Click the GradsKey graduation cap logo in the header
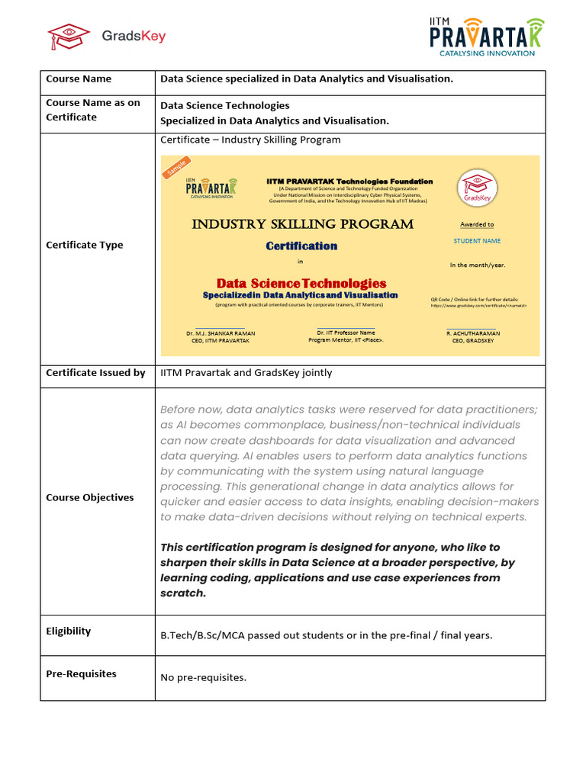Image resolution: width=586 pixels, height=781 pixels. click(69, 36)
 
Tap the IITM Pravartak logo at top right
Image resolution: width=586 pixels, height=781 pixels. click(487, 36)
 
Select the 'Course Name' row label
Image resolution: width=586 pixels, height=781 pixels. click(79, 79)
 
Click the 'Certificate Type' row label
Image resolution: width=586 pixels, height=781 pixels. click(84, 245)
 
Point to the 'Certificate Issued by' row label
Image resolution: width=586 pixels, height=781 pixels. click(95, 373)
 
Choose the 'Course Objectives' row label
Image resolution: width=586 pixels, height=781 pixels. click(89, 497)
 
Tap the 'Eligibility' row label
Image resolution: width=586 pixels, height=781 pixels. click(68, 631)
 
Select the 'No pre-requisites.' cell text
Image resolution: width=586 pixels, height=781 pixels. click(203, 677)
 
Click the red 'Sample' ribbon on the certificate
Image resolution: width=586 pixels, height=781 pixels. click(176, 168)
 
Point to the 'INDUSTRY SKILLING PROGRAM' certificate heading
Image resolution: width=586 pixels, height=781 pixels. click(302, 224)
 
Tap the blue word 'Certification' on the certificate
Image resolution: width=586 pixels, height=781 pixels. click(301, 246)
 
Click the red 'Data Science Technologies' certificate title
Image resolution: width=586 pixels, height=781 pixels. click(301, 283)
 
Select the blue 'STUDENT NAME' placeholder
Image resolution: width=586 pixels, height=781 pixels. click(477, 241)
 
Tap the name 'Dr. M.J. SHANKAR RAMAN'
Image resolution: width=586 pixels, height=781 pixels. click(221, 333)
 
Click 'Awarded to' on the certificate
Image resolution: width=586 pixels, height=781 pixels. click(477, 224)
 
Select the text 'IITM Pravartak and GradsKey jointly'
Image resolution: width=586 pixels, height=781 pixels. click(246, 373)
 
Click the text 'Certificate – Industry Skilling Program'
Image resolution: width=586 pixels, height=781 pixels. click(250, 140)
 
